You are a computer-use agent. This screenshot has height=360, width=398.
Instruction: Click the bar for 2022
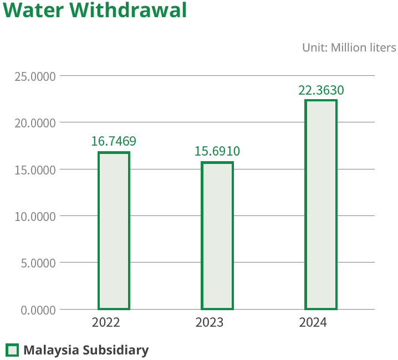click(x=114, y=230)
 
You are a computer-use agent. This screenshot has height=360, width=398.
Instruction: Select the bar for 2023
click(x=217, y=235)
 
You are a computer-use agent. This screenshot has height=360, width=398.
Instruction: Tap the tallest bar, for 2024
click(x=321, y=204)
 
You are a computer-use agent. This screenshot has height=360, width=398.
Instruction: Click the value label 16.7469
click(x=114, y=141)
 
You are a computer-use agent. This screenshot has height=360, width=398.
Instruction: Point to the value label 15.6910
click(x=217, y=151)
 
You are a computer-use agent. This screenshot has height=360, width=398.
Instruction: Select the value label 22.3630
click(x=321, y=90)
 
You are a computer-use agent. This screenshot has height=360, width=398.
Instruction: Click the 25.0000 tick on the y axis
click(x=35, y=76)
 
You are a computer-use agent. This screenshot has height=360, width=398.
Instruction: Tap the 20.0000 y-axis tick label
click(x=35, y=122)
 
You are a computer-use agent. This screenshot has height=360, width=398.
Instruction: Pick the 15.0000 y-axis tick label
click(x=35, y=169)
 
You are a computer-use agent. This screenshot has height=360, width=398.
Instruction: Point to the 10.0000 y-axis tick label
click(x=35, y=216)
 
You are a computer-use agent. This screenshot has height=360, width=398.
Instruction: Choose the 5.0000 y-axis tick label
click(x=38, y=263)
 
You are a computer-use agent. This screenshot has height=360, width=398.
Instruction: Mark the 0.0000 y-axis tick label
click(x=38, y=310)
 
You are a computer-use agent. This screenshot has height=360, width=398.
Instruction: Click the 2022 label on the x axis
click(x=106, y=322)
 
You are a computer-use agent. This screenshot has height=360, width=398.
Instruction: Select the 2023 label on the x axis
click(x=210, y=322)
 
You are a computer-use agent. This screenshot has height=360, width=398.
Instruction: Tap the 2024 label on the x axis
click(x=313, y=322)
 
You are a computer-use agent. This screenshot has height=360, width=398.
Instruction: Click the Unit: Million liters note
click(x=349, y=48)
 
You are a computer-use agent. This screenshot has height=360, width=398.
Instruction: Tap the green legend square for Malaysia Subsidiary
click(x=12, y=350)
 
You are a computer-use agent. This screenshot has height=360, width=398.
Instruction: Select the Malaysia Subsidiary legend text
click(x=86, y=350)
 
